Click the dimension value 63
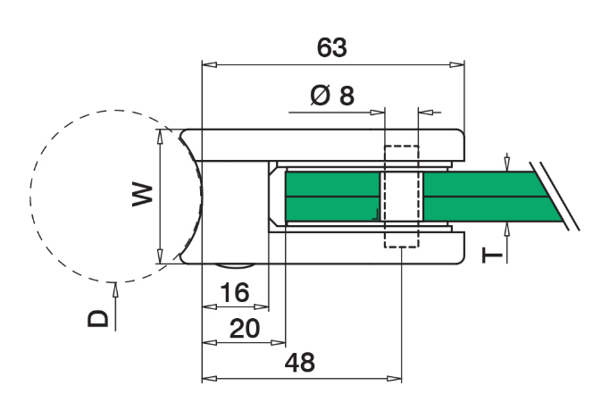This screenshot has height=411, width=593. point(331,47)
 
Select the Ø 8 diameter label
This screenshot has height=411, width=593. point(332,96)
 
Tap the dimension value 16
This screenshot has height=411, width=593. point(235,292)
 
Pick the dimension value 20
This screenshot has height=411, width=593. point(245,329)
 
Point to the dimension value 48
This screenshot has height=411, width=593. point(299,363)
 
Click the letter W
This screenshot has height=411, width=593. point(143,195)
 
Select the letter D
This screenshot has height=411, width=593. point(98,318)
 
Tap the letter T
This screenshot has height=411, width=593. point(492,255)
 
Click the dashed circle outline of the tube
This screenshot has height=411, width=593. point(31,197)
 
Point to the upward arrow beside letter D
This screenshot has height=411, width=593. point(115,307)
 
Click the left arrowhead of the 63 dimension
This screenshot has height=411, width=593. point(210,64)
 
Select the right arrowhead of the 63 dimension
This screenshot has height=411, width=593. point(456,64)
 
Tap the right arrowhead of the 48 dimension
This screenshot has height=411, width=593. point(394,378)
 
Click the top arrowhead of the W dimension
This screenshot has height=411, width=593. point(161,136)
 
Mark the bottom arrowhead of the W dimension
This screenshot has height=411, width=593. point(161,256)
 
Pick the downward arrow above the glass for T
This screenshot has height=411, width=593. point(507,162)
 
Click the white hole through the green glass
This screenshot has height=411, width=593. point(402,197)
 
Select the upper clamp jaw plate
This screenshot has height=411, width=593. point(322,145)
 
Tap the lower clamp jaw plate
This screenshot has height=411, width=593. point(322,247)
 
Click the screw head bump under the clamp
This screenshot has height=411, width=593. point(235,265)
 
